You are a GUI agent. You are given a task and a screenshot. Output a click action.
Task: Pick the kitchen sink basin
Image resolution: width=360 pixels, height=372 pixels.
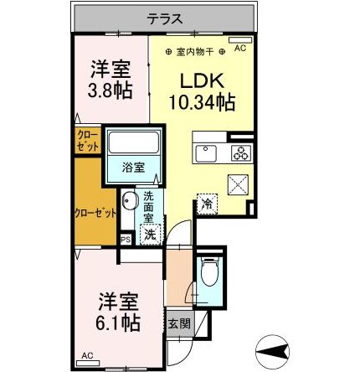click(x=206, y=153)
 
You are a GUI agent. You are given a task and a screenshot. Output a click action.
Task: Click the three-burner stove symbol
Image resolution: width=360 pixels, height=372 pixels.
click(x=239, y=153)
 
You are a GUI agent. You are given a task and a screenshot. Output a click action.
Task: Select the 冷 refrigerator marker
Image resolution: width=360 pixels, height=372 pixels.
click(x=206, y=202)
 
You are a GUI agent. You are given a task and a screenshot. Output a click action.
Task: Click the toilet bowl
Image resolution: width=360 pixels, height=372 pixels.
click(x=209, y=273)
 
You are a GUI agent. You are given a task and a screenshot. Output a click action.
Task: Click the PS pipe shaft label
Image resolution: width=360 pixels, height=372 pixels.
click(x=126, y=238)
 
